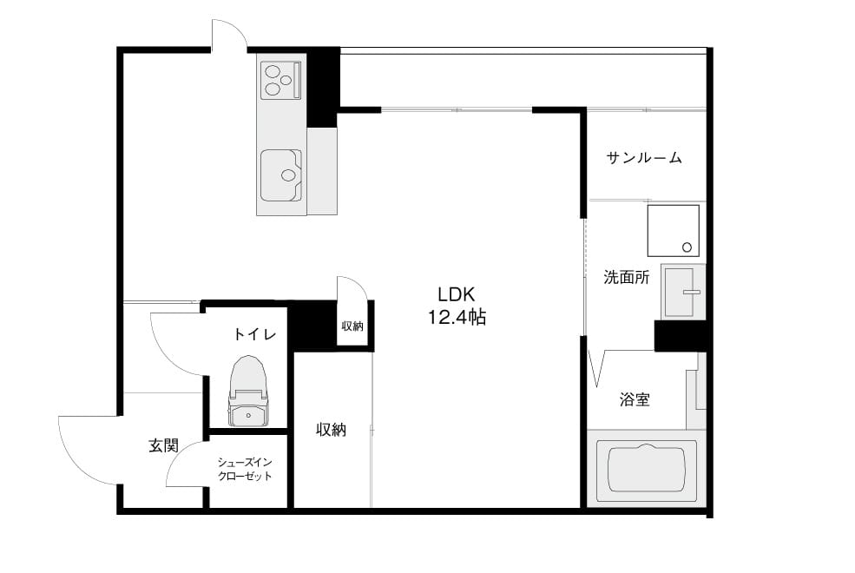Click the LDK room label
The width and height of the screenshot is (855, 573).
(x=457, y=294)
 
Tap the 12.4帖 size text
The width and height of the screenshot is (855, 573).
(x=457, y=317)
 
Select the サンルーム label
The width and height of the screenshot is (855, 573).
(x=644, y=158)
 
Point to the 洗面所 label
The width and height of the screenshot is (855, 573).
(x=627, y=277)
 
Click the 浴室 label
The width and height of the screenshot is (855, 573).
(x=635, y=399)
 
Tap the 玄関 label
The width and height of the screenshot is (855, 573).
(x=163, y=445)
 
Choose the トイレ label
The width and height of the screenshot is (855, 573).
(x=255, y=333)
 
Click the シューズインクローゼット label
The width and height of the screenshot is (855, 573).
(x=245, y=470)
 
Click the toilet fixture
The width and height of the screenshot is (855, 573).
(x=248, y=392)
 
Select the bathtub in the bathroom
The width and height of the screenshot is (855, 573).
(x=647, y=471)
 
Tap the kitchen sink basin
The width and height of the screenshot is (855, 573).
(x=281, y=175)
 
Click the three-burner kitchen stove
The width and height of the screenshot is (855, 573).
(x=281, y=80)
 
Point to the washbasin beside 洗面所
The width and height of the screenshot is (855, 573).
(x=683, y=292)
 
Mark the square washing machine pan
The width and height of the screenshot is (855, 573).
(x=674, y=231)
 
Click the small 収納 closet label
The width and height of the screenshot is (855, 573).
(x=352, y=326)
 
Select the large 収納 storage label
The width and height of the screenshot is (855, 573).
(x=331, y=430)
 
